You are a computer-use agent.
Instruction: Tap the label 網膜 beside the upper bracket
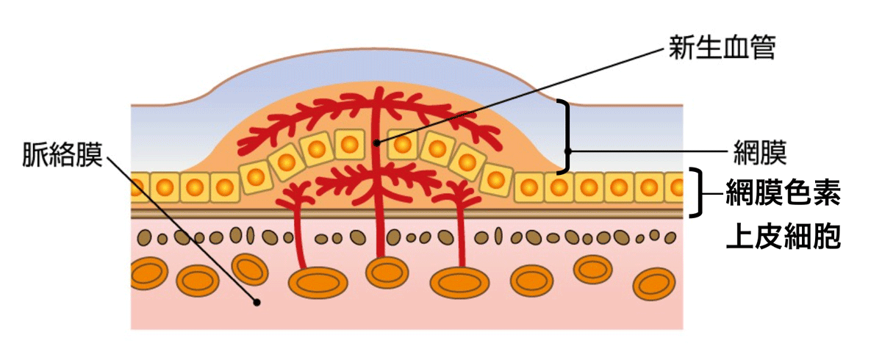(x=761, y=152)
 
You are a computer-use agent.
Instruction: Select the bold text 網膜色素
(x=782, y=195)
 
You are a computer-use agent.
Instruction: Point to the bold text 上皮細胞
(x=782, y=237)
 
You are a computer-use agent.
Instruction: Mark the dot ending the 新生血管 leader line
(x=376, y=143)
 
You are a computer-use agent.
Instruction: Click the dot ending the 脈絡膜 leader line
(x=257, y=301)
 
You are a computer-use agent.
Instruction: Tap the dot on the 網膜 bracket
(x=567, y=150)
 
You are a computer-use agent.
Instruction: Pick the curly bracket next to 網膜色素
(x=698, y=192)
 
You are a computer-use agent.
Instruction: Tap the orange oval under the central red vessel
(x=386, y=273)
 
